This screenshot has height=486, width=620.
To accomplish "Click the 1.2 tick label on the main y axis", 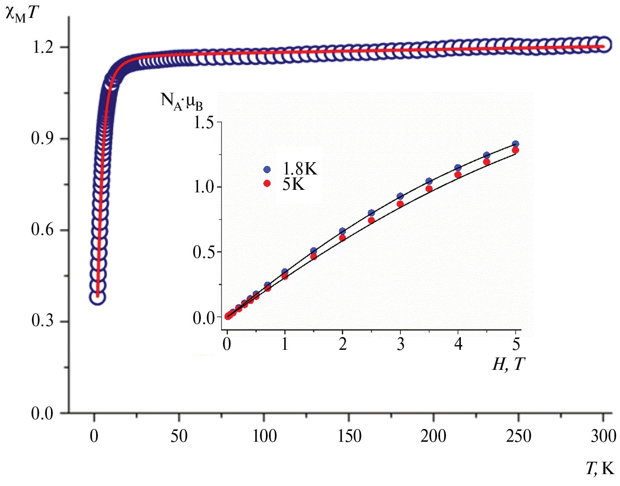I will click(43, 47).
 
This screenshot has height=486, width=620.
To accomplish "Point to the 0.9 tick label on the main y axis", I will click(43, 138).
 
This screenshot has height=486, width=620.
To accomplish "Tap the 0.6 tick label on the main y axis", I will click(43, 230).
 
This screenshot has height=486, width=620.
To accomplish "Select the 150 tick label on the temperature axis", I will click(349, 436).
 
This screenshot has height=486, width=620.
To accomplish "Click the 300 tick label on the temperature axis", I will click(603, 436).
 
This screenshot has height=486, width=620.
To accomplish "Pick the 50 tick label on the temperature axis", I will click(179, 436).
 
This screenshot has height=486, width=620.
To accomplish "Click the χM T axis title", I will click(22, 14).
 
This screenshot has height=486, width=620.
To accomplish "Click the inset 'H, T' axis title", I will click(508, 364).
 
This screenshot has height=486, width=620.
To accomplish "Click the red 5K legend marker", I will click(267, 183).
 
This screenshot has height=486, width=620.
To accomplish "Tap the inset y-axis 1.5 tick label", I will click(204, 123).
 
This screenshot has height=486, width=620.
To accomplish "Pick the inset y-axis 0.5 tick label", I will click(204, 252).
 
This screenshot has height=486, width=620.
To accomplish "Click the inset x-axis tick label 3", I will click(400, 344).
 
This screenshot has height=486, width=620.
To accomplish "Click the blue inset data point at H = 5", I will click(515, 144).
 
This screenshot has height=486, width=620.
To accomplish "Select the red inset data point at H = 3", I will click(400, 204).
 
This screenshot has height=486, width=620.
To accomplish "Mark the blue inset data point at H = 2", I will click(343, 231).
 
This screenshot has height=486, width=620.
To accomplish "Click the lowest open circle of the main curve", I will click(97, 297).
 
